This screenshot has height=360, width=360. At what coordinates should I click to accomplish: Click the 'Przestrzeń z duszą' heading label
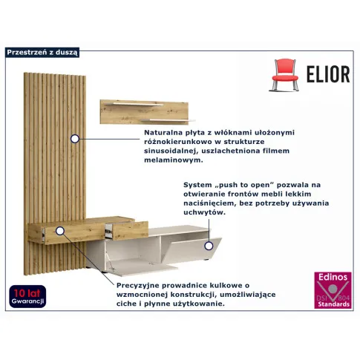(42, 52)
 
